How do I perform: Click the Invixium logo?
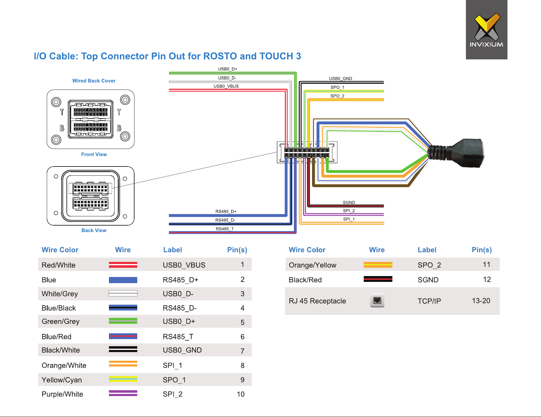(487, 30)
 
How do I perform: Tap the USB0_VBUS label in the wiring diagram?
(226, 86)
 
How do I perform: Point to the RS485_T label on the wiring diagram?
(225, 229)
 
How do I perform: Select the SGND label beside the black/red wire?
(349, 202)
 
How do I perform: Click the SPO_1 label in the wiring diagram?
(337, 87)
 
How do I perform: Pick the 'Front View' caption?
(94, 154)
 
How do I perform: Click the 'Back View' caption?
(94, 231)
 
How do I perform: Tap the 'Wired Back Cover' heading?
(94, 81)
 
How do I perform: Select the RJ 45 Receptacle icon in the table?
(377, 301)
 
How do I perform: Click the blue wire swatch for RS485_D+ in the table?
(123, 280)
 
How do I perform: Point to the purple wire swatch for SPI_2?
(123, 393)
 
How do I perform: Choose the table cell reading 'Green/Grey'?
(61, 322)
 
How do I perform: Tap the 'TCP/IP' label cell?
(429, 301)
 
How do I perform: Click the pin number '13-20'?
(481, 301)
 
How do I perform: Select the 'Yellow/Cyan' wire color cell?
(62, 380)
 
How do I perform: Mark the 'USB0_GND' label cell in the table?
(182, 350)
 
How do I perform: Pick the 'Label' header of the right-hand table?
(427, 250)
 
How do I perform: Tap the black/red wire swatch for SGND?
(378, 279)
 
